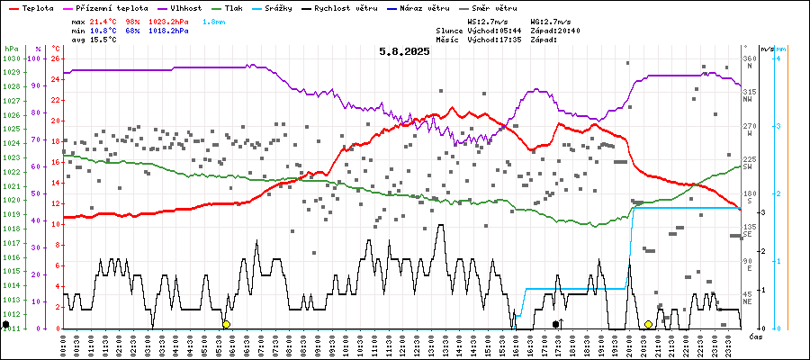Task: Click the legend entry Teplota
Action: (x=31, y=6)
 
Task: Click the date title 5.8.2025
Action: (x=404, y=51)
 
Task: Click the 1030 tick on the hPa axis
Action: (x=11, y=58)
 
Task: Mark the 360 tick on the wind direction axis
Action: (x=749, y=58)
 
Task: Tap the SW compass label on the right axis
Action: (x=748, y=166)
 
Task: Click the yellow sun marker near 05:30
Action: (x=226, y=324)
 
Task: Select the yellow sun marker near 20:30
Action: (x=648, y=324)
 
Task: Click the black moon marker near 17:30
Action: (x=556, y=324)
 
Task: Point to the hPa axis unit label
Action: (x=11, y=49)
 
